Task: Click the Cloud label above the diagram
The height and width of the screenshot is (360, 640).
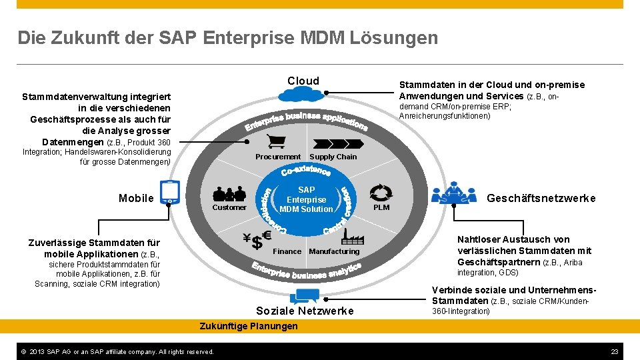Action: [303, 81]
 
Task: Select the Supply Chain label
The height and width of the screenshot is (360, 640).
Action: [333, 157]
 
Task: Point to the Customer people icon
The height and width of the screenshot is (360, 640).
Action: [229, 193]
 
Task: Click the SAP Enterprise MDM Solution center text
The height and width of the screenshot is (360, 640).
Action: [307, 199]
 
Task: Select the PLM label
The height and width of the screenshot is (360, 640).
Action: [381, 207]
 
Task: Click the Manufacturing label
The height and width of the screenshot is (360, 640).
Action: [334, 251]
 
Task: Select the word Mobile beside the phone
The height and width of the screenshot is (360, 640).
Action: [136, 198]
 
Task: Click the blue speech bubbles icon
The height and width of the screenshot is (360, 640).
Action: [304, 296]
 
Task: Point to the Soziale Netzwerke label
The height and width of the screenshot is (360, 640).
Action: [305, 311]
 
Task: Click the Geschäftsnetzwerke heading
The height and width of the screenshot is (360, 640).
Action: [541, 198]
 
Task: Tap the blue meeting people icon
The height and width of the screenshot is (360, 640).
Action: [455, 192]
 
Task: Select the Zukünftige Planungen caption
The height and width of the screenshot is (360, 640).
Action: [249, 326]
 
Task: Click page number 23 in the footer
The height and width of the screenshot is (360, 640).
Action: [615, 351]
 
